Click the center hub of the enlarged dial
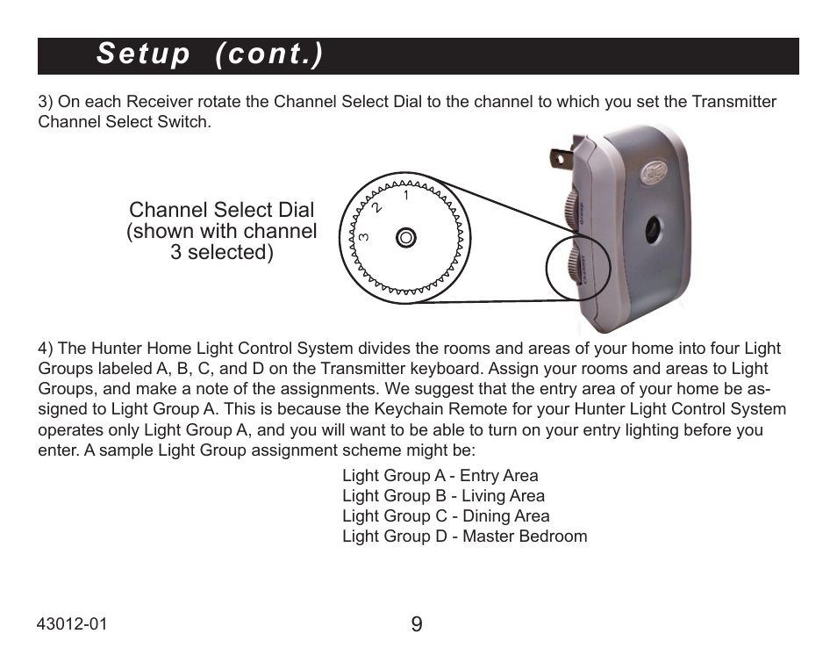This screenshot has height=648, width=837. click(x=405, y=237)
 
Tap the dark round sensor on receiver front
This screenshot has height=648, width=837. click(x=655, y=229)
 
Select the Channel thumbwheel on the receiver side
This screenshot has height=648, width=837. click(x=573, y=264)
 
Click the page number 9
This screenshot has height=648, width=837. click(x=416, y=624)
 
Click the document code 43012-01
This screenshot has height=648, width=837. click(x=72, y=623)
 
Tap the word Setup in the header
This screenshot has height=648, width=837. click(x=143, y=54)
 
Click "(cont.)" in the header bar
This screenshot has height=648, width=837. click(x=268, y=54)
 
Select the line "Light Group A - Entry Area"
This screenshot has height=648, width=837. click(x=440, y=476)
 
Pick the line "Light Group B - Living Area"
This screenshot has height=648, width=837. click(x=443, y=496)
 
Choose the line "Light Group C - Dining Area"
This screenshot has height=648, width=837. click(x=446, y=516)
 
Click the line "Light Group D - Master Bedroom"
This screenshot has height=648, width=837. click(x=464, y=536)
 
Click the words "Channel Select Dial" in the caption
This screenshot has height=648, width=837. click(x=221, y=210)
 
